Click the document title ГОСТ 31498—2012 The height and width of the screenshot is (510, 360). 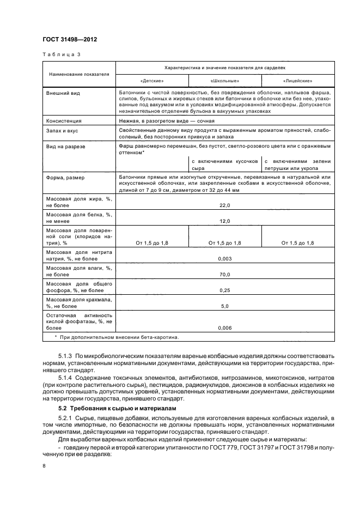pos(70,39)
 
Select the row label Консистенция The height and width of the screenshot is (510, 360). pos(64,120)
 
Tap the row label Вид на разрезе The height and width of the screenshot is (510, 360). pos(66,147)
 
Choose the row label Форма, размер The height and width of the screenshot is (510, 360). pos(65,178)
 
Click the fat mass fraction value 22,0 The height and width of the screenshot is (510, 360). pos(225,205)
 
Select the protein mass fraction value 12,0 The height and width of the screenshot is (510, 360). pos(225,221)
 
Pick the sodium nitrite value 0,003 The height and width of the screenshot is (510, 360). pos(225,259)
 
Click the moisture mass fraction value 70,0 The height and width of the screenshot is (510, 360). pos(225,275)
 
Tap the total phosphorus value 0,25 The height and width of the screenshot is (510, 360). pos(225,291)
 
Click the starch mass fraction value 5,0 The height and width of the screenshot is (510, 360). pos(225,307)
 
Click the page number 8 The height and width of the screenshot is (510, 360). pos(45,466)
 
